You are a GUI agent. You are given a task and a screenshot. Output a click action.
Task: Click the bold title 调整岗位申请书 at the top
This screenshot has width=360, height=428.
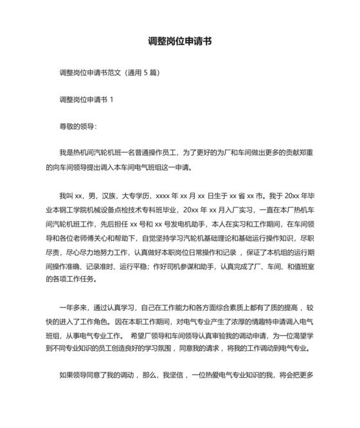(x=179, y=41)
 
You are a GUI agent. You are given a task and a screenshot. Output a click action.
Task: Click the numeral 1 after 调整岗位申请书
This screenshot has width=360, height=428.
(x=112, y=99)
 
